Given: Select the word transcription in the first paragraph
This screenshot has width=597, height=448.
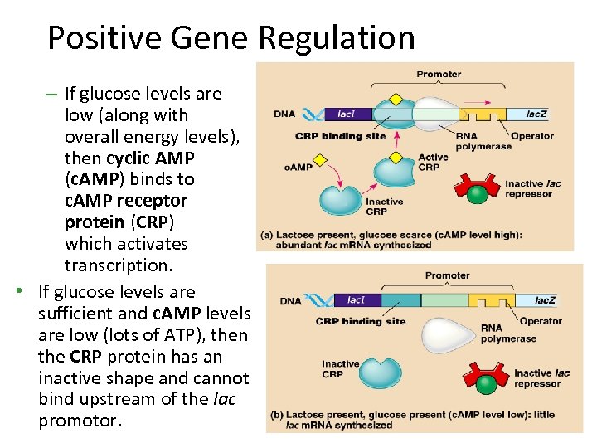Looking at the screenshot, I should tap(127, 265).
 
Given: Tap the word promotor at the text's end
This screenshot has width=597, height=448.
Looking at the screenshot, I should tap(79, 421).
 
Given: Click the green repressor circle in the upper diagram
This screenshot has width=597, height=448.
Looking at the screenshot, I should tap(477, 195).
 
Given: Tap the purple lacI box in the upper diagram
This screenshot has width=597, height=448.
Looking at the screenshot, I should tap(347, 114).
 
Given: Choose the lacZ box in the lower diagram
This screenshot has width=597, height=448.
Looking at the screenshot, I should tap(545, 300).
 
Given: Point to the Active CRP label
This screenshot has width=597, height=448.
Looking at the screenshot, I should tap(433, 163).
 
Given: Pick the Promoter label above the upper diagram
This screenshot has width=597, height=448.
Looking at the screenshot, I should tap(439, 74).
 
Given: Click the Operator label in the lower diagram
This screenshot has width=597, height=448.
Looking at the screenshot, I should tap(541, 321).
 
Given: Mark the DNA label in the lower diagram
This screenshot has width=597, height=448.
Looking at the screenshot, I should tap(290, 301).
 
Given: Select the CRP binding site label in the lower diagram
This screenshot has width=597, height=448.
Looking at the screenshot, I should tap(361, 321).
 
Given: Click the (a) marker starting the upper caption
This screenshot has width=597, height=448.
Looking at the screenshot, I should tap(268, 235).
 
